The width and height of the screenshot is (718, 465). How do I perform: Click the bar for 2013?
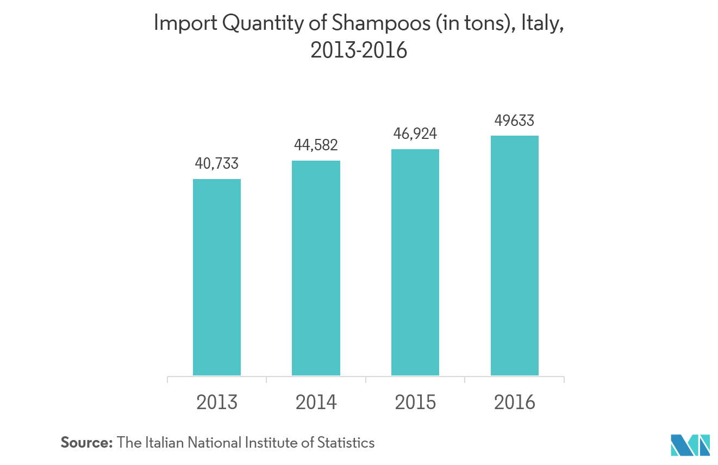pyautogui.click(x=217, y=277)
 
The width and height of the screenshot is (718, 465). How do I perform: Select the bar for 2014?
pyautogui.click(x=316, y=267)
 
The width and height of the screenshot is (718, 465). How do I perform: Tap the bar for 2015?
pyautogui.click(x=415, y=262)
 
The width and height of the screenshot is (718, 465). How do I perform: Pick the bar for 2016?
pyautogui.click(x=514, y=255)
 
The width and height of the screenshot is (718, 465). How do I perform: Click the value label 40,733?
pyautogui.click(x=217, y=163)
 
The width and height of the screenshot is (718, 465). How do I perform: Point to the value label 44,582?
pyautogui.click(x=316, y=145)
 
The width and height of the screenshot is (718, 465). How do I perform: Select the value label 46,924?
pyautogui.click(x=415, y=133)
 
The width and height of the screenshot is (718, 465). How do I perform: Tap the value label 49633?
pyautogui.click(x=514, y=120)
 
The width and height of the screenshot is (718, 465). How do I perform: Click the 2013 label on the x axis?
pyautogui.click(x=217, y=403)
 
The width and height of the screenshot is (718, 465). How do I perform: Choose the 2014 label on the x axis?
pyautogui.click(x=316, y=403)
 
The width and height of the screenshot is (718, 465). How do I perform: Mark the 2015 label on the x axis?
pyautogui.click(x=415, y=403)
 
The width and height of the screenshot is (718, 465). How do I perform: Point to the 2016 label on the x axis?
pyautogui.click(x=514, y=403)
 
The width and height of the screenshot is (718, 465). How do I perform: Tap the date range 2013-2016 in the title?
pyautogui.click(x=359, y=50)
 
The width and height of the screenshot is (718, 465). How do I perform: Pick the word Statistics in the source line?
pyautogui.click(x=346, y=443)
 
